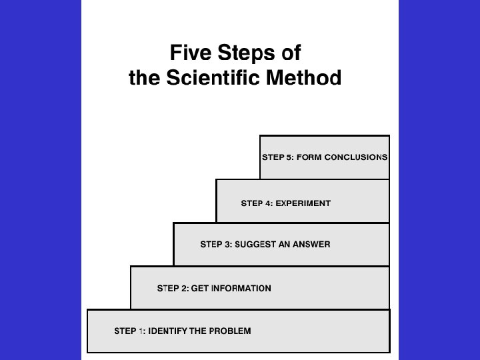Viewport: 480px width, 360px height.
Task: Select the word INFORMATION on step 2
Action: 241,289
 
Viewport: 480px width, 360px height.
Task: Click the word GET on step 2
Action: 200,289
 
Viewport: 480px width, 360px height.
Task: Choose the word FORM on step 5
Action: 308,157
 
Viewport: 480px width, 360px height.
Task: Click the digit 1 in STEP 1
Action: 141,331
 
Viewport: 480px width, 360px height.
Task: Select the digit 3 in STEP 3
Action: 227,245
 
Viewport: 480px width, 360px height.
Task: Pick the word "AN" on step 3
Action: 283,245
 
